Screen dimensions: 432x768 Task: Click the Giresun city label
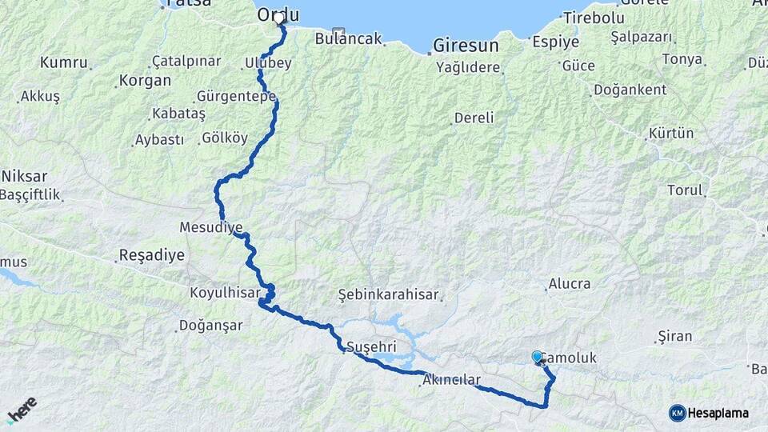pyautogui.click(x=466, y=46)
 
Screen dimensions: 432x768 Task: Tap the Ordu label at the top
pyautogui.click(x=278, y=14)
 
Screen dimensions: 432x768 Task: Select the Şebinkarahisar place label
pyautogui.click(x=389, y=294)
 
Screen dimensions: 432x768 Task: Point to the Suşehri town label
pyautogui.click(x=371, y=346)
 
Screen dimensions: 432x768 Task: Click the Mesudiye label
pyautogui.click(x=211, y=228)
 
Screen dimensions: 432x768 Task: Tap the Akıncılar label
pyautogui.click(x=452, y=379)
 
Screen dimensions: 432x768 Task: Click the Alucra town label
pyautogui.click(x=570, y=284)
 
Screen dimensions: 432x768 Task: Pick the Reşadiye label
pyautogui.click(x=151, y=256)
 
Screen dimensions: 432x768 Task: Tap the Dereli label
pyautogui.click(x=474, y=118)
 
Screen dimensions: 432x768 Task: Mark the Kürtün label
pyautogui.click(x=671, y=133)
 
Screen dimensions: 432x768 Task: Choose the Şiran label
pyautogui.click(x=674, y=337)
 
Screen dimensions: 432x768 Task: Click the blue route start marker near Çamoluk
pyautogui.click(x=538, y=357)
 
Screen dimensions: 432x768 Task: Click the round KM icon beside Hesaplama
pyautogui.click(x=677, y=413)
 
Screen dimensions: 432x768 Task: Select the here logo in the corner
pyautogui.click(x=22, y=410)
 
